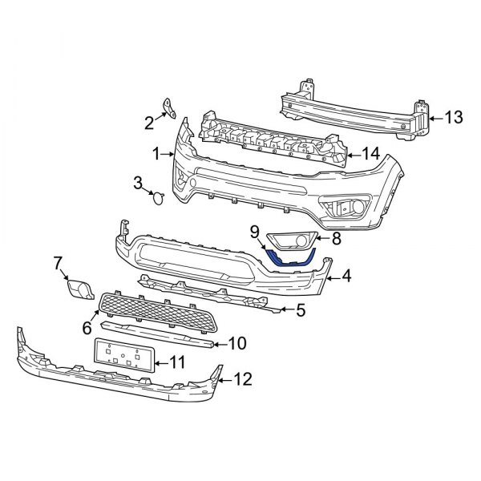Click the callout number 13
[453, 118]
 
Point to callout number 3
[138, 184]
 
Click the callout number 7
[58, 262]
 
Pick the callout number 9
[254, 232]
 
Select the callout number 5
[300, 309]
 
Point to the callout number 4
[346, 277]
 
